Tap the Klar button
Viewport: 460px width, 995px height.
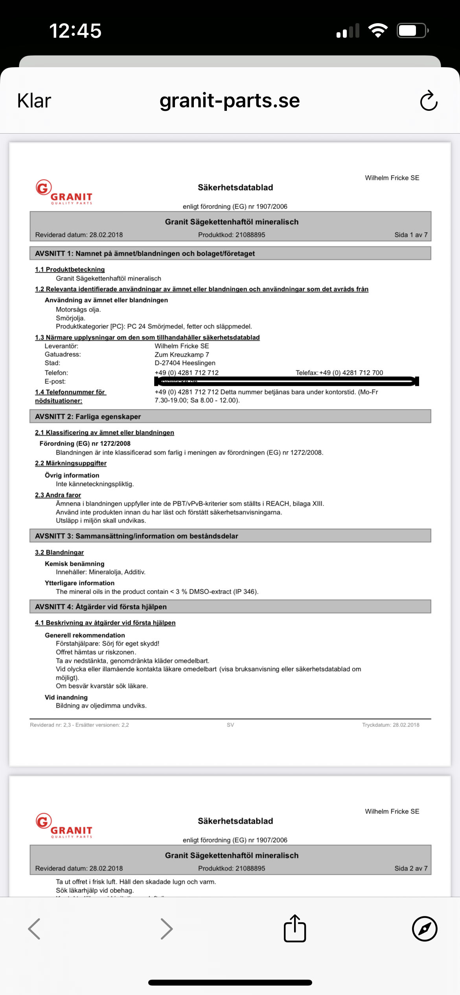34,101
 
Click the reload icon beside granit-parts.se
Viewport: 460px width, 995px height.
429,101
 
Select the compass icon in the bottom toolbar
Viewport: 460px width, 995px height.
425,929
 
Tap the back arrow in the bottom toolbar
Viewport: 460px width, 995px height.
35,929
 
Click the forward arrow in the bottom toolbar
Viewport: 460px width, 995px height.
167,929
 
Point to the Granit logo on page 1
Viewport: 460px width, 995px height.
64,192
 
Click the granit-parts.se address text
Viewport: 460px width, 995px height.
230,101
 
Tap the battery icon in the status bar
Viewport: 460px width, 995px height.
412,31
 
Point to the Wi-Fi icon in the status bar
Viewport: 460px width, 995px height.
378,31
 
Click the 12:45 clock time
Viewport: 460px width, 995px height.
75,31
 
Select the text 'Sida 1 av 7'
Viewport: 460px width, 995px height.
411,235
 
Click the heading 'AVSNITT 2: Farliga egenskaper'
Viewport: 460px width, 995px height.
88,417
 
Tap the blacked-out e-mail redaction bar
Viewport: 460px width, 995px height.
287,381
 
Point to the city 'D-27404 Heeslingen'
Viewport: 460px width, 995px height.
185,363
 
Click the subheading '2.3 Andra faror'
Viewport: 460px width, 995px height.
58,495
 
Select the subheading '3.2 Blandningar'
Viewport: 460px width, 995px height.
59,553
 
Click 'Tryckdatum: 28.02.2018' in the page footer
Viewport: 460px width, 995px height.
390,725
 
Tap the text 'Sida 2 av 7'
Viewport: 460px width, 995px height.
411,868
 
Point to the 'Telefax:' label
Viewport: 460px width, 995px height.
307,373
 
